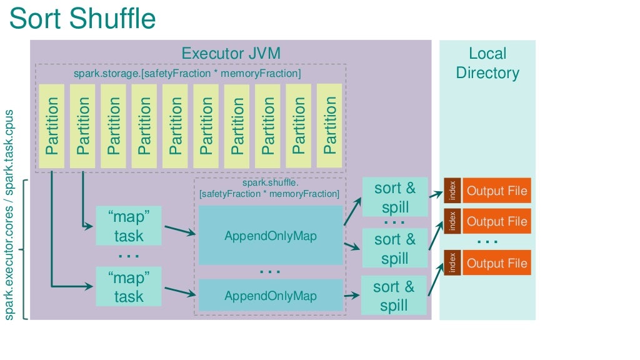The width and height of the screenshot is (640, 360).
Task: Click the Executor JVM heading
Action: point(231,53)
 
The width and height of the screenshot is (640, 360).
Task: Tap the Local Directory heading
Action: point(487,63)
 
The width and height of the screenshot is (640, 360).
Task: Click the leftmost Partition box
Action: point(52,126)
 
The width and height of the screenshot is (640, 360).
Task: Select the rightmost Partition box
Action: point(329,126)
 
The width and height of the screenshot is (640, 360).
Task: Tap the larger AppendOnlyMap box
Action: point(271,236)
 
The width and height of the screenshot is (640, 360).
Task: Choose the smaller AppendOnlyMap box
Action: point(271,296)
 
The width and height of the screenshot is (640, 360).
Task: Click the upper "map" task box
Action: point(128,226)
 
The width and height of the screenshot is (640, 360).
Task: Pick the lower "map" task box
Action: point(128,287)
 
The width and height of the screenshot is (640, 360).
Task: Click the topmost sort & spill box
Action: point(394,197)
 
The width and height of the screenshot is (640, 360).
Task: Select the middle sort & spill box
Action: point(394,248)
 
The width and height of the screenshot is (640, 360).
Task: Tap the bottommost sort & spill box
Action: point(394,296)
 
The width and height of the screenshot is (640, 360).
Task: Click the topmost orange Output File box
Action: point(497,191)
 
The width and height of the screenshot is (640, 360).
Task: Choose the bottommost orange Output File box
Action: point(497,262)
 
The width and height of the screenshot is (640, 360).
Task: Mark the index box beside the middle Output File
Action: point(452,221)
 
